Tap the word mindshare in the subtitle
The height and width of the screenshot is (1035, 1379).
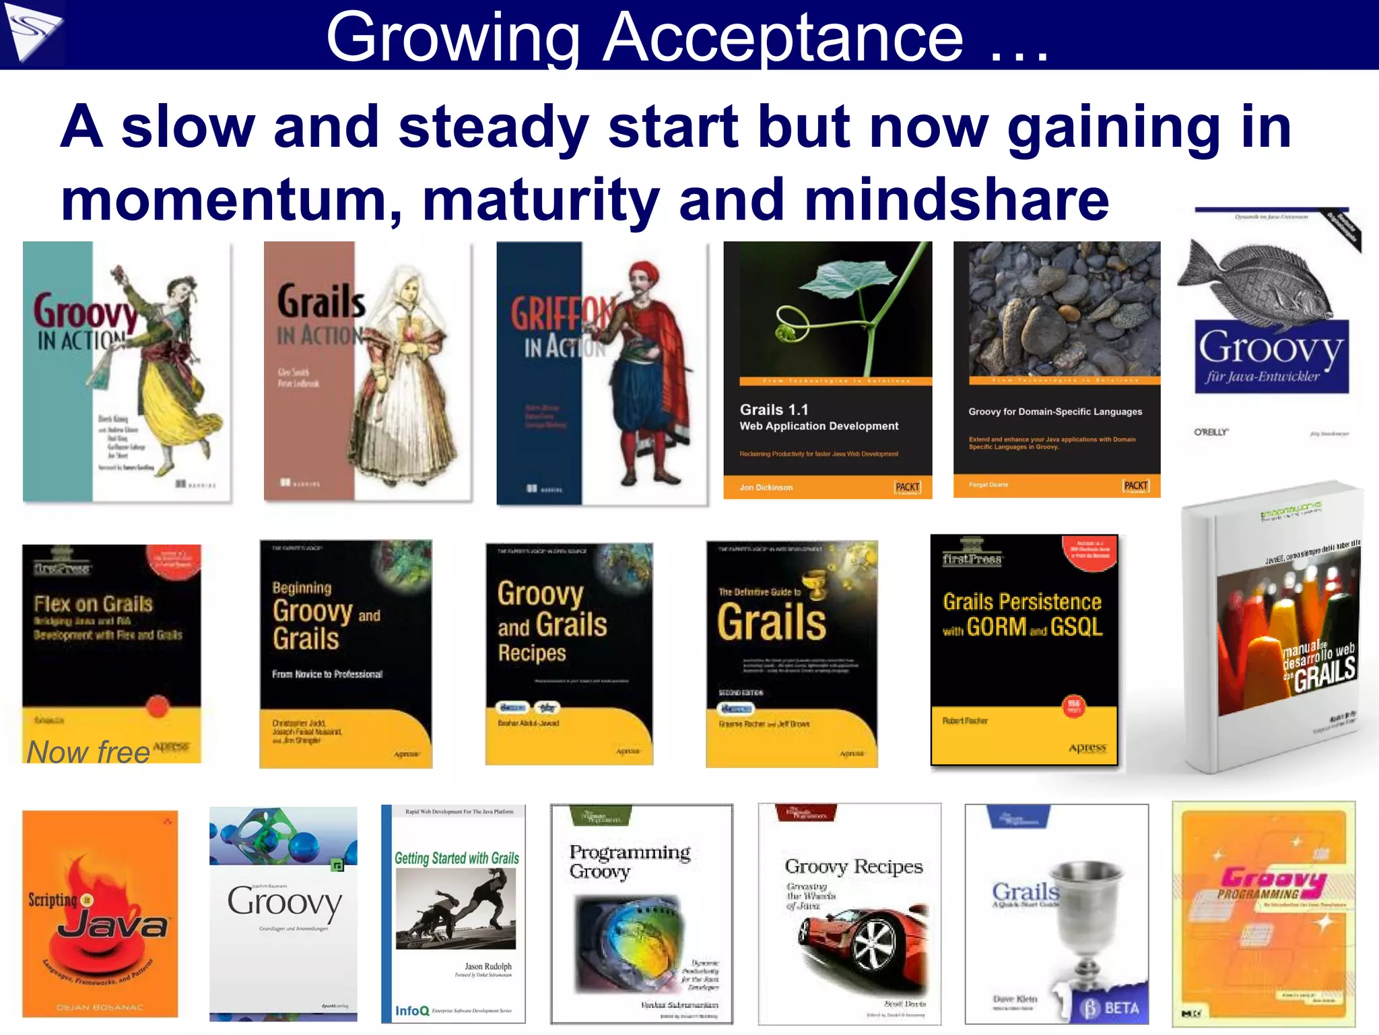pos(956,200)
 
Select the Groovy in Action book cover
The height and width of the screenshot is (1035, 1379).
pos(127,372)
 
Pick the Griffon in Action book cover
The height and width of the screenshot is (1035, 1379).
pos(601,373)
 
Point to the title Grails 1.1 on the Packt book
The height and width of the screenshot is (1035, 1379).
pos(774,410)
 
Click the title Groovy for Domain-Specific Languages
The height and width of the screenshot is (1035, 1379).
pos(1055,412)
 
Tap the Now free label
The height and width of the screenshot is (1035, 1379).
pos(88,752)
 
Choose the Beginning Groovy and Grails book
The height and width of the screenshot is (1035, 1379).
pos(345,654)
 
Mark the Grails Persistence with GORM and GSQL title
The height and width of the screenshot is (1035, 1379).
pos(1022,615)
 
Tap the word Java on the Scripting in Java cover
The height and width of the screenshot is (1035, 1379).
pos(112,925)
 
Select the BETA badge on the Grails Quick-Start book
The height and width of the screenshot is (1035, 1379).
pos(1111,1008)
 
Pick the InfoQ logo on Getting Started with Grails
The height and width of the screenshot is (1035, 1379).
pos(411,1011)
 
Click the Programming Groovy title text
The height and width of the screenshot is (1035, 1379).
pos(629,861)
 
